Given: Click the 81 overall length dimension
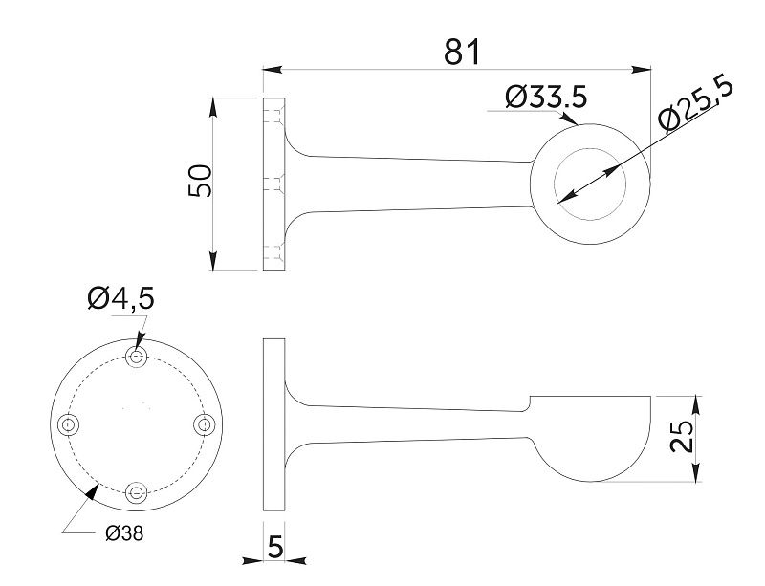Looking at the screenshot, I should pyautogui.click(x=461, y=52).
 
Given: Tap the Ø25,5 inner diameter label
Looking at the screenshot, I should pyautogui.click(x=695, y=105).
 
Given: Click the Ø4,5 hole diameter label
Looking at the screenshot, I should pyautogui.click(x=120, y=299).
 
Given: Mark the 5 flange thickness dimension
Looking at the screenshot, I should pyautogui.click(x=275, y=548).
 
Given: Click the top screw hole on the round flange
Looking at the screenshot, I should pyautogui.click(x=138, y=357).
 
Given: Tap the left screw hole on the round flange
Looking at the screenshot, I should pyautogui.click(x=68, y=423).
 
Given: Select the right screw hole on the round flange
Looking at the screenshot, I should pyautogui.click(x=202, y=423).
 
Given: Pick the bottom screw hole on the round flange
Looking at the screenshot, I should pyautogui.click(x=138, y=492).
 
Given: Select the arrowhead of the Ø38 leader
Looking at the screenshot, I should pyautogui.click(x=93, y=491).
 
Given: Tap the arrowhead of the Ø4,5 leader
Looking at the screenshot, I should pyautogui.click(x=140, y=342).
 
